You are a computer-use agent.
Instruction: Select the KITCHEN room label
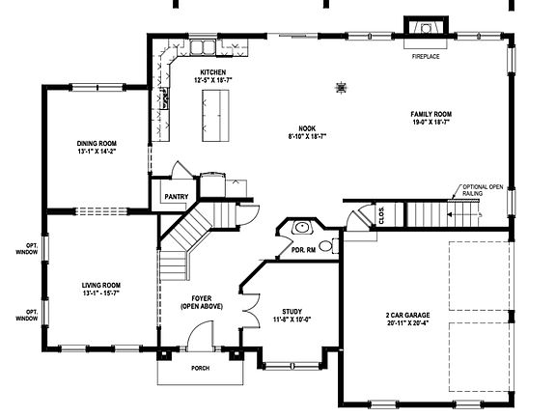213,72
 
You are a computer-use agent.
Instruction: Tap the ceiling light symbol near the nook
341,88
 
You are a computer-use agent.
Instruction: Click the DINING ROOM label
97,144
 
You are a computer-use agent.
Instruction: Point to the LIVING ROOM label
100,285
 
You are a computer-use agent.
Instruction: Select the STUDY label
292,311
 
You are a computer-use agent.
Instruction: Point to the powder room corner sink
302,228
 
